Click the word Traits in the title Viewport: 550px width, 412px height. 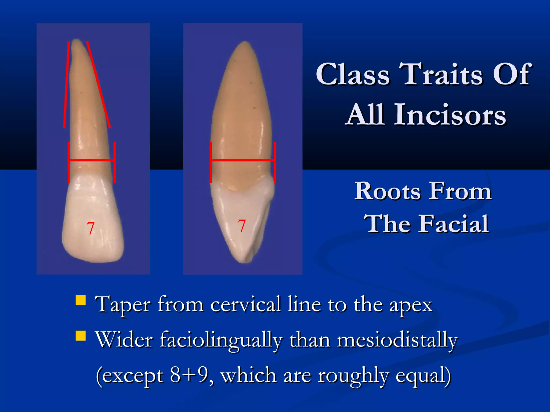(440, 74)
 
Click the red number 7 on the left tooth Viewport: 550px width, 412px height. (91, 228)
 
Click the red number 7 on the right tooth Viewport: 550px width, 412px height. (242, 226)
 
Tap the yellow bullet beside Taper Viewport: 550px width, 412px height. (81, 300)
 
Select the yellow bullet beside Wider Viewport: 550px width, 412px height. (81, 336)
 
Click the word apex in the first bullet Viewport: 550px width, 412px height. (411, 305)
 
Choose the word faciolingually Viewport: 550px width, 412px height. (221, 340)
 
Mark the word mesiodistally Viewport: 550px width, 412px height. (397, 340)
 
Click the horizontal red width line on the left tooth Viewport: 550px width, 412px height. (91, 160)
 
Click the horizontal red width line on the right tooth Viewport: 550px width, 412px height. (243, 160)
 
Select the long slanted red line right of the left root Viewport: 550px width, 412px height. (98, 84)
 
